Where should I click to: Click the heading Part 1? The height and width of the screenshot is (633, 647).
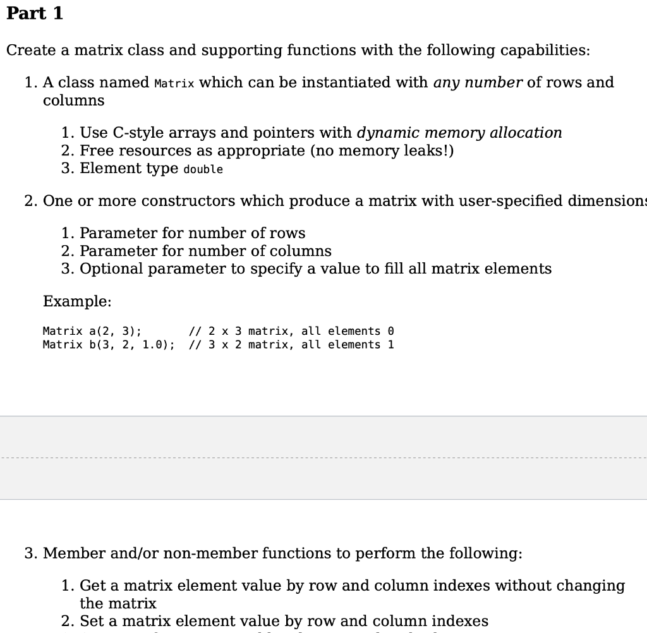(x=35, y=13)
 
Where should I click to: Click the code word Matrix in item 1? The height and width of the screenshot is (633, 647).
(x=174, y=83)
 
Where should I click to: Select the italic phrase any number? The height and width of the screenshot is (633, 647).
(x=478, y=82)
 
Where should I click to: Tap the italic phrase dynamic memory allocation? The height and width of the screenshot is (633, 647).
(x=459, y=133)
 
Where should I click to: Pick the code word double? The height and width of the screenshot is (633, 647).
(x=203, y=169)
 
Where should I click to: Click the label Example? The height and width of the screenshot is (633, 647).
(x=77, y=301)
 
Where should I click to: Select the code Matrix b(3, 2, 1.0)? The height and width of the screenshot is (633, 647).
(x=109, y=345)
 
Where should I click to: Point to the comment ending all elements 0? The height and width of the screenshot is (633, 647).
(x=292, y=331)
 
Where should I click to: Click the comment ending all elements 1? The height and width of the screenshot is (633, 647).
(x=292, y=345)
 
